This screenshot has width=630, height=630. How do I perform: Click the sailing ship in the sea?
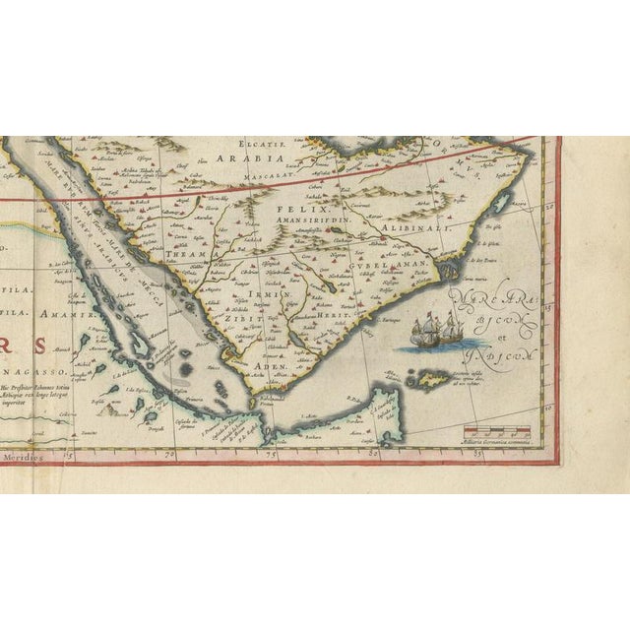tap(436, 330)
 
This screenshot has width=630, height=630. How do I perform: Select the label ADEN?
tap(270, 365)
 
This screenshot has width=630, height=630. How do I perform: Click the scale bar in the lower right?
tap(498, 432)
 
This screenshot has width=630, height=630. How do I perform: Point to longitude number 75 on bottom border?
tap(268, 455)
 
